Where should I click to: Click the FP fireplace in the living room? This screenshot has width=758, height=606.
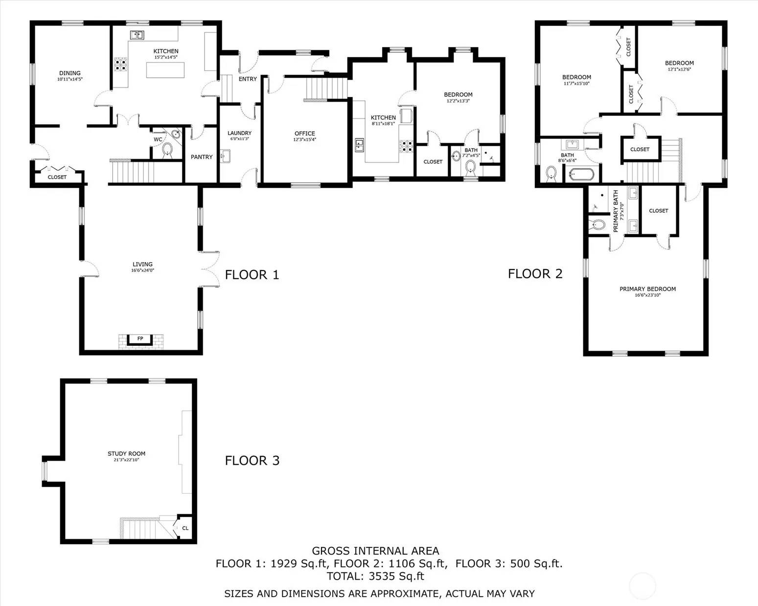pos(140,340)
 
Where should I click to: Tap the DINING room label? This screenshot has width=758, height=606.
pos(70,73)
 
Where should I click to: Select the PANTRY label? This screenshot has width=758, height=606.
pos(202,157)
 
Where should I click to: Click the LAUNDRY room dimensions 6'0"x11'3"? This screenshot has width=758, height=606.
pos(239,139)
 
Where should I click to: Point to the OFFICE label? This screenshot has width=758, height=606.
pos(305,134)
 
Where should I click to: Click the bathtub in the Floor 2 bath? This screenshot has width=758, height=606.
pos(581,175)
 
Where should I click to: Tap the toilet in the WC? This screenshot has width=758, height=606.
pos(167,150)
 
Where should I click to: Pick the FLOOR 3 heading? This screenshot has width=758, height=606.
pos(252,461)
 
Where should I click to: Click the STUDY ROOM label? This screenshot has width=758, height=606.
pos(126,453)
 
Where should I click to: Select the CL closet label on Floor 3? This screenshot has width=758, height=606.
pos(185,528)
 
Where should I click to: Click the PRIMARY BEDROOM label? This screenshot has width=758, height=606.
pos(648,289)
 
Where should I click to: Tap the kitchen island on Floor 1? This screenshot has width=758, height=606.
pos(165,70)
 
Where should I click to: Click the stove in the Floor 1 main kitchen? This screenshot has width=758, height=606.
pos(120,65)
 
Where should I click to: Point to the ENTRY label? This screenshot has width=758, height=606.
pos(248,79)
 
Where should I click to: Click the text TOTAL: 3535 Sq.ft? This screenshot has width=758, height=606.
pos(375,576)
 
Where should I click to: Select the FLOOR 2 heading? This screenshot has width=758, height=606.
pos(535,273)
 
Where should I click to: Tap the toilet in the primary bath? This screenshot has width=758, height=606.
pos(597,224)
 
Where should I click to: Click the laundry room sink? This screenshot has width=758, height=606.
pos(225,156)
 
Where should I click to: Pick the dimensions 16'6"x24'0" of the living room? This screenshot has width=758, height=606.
pos(143,270)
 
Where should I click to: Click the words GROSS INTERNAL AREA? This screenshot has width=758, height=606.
pos(375,551)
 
